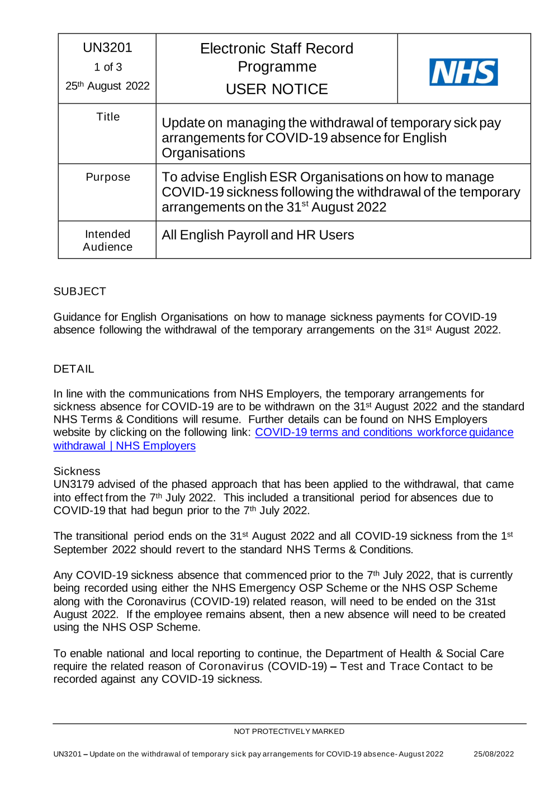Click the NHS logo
463,72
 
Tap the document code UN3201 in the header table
107,48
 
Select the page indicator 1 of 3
107,67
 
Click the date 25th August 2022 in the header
107,86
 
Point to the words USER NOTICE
277,89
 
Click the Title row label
108,117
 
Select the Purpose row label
108,177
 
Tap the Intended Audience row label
108,241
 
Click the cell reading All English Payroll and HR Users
258,235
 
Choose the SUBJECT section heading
79,291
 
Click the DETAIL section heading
74,369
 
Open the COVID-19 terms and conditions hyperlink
383,432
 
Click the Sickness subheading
77,471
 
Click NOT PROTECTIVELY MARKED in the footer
289,732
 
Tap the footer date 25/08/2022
494,754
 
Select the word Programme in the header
277,67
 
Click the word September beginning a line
80,550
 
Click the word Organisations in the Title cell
203,153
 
